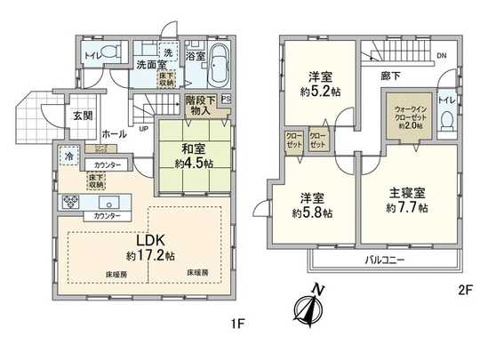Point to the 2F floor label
pyautogui.click(x=459, y=290)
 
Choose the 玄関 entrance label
pyautogui.click(x=83, y=114)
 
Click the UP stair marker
pyautogui.click(x=144, y=127)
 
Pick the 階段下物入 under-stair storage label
pyautogui.click(x=199, y=105)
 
